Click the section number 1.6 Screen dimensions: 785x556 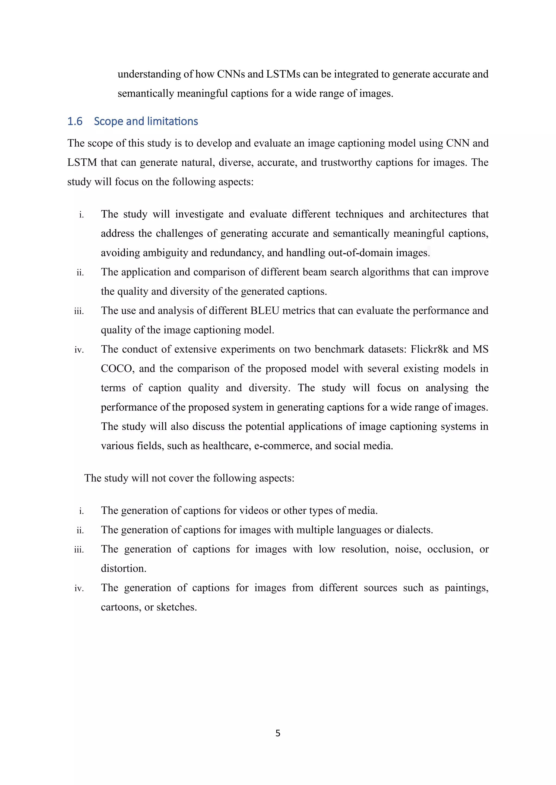pyautogui.click(x=75, y=121)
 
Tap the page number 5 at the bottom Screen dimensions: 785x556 pyautogui.click(x=278, y=733)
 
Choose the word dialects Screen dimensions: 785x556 pyautogui.click(x=414, y=530)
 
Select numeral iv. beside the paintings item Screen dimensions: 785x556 pyautogui.click(x=79, y=589)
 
